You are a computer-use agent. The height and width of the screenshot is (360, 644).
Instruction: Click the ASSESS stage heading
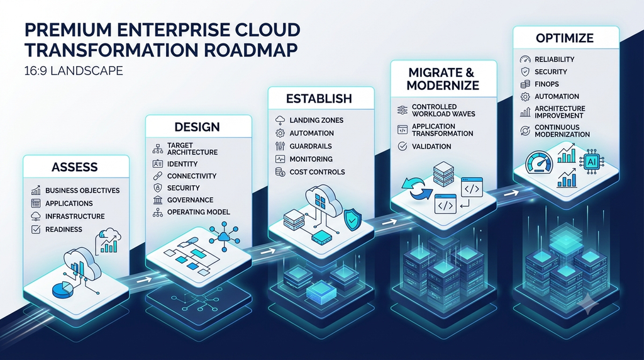click(x=75, y=167)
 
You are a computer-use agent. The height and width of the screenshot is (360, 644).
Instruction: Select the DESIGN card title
click(x=197, y=127)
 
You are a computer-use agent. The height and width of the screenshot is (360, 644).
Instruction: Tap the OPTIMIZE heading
click(x=565, y=38)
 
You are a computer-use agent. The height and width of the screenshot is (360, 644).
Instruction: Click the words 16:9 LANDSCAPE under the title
click(x=74, y=70)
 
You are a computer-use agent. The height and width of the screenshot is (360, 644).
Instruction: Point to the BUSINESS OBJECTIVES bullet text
click(x=82, y=190)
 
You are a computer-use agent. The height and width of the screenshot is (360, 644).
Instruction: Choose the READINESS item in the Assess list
click(x=64, y=229)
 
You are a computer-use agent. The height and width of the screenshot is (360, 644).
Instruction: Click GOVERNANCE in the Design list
click(x=190, y=200)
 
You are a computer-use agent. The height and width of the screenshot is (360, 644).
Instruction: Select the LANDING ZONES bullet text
click(x=316, y=120)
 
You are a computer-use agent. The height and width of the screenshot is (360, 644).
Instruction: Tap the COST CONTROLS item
click(x=317, y=172)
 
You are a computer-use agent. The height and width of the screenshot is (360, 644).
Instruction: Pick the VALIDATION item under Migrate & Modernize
click(x=431, y=146)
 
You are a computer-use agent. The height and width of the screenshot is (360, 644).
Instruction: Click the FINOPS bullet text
click(x=547, y=84)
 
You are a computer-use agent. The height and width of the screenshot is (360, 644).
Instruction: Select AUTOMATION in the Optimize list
click(x=557, y=96)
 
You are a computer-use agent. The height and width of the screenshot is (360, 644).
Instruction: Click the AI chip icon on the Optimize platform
click(x=592, y=162)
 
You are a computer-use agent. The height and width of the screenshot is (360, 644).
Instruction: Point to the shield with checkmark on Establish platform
click(x=351, y=220)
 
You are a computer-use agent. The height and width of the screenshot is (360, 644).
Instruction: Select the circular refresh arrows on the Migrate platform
click(x=416, y=189)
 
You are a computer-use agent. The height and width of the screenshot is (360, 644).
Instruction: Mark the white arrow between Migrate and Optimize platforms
click(x=511, y=193)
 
